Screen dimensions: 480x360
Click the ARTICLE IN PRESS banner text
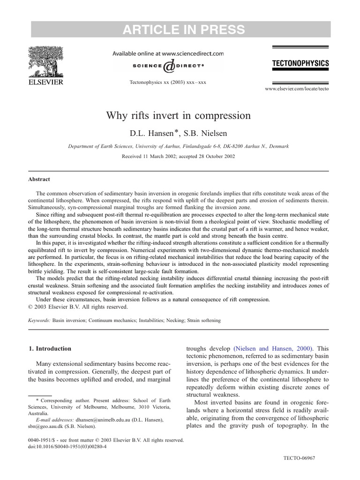(x=183, y=30)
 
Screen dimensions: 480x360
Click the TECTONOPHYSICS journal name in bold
(x=300, y=63)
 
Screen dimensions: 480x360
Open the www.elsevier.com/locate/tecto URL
(x=297, y=89)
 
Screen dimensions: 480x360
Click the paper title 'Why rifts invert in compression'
(x=179, y=115)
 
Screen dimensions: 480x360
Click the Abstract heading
(x=39, y=179)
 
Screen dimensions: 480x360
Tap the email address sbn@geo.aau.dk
(x=45, y=427)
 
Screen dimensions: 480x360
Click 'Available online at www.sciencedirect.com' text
(x=168, y=54)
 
